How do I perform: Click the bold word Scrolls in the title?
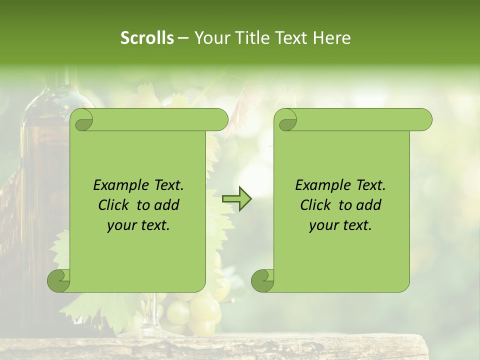coord(147,38)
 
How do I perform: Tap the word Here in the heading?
coord(332,38)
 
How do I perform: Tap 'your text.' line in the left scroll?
coord(138,225)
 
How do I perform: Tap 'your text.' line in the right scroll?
coord(340,225)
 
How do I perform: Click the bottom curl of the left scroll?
coord(59,280)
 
